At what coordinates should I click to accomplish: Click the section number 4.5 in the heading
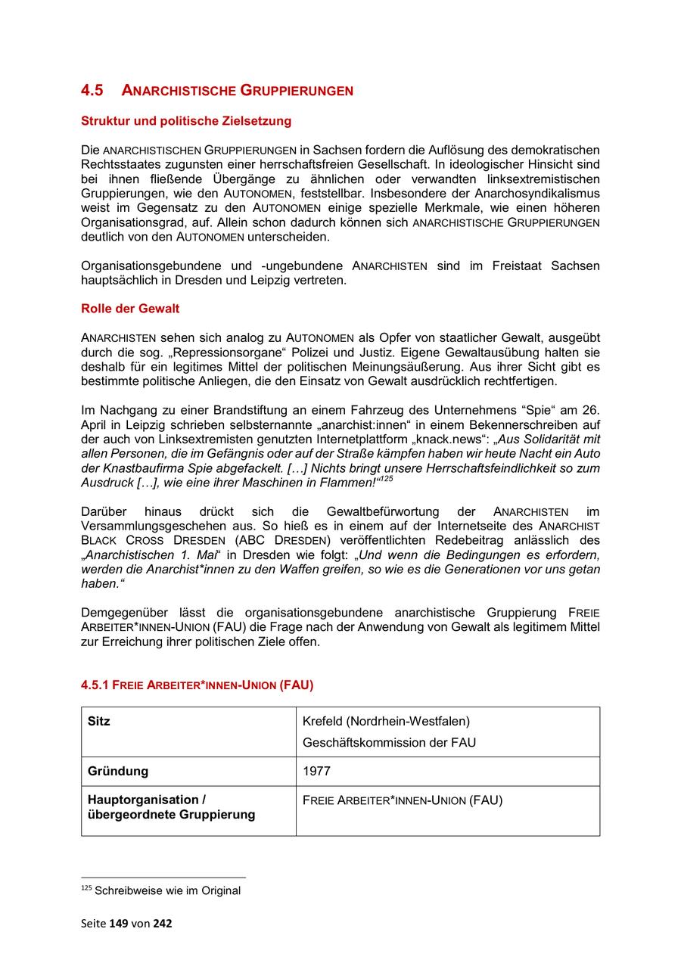92,91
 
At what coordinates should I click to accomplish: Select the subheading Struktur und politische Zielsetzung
186,121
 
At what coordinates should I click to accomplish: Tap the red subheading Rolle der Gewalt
130,309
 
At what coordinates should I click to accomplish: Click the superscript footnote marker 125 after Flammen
386,479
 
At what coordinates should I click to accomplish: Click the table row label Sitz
99,721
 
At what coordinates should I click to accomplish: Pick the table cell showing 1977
316,771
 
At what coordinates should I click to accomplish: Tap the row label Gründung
118,771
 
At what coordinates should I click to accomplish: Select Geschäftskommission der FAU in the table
389,742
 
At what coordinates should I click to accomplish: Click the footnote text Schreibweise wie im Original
167,890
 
